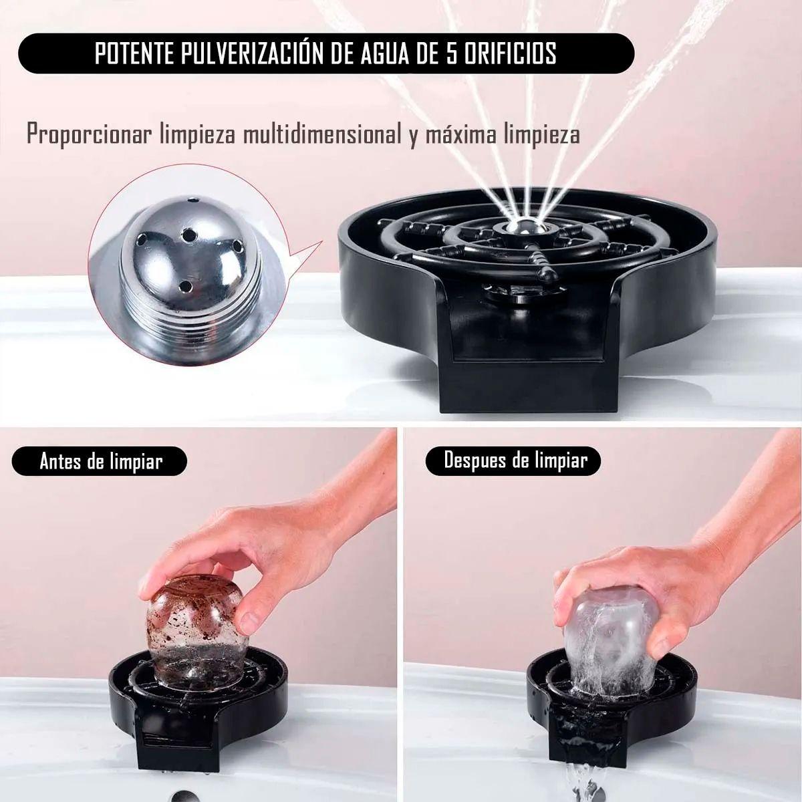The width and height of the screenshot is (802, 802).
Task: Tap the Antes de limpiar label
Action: coord(101,462)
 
